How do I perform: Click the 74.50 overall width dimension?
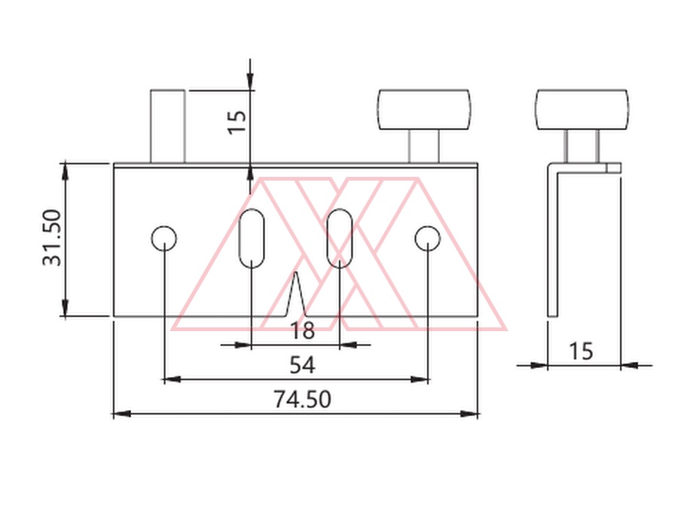pyautogui.click(x=302, y=399)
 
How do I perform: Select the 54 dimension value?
pyautogui.click(x=302, y=365)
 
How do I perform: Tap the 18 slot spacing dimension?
pyautogui.click(x=302, y=331)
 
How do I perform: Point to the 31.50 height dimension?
pyautogui.click(x=52, y=238)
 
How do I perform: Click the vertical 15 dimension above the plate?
pyautogui.click(x=237, y=122)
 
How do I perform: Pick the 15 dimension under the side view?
pyautogui.click(x=580, y=351)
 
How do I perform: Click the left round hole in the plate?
pyautogui.click(x=164, y=238)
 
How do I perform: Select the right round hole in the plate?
pyautogui.click(x=428, y=238)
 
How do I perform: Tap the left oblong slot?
pyautogui.click(x=252, y=238)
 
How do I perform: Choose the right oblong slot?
pyautogui.click(x=340, y=238)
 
